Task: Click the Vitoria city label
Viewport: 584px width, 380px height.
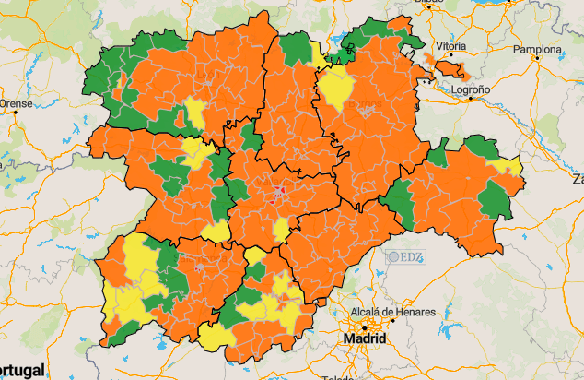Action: point(450,45)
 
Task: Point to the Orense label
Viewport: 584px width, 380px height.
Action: point(16,104)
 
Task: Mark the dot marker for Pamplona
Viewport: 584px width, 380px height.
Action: point(537,60)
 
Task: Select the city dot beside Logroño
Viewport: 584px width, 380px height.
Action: point(470,100)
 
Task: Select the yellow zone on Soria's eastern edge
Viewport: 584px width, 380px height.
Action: point(506,166)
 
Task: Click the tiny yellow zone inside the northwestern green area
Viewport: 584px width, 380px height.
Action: point(124,89)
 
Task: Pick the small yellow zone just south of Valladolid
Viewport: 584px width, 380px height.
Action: point(281,228)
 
